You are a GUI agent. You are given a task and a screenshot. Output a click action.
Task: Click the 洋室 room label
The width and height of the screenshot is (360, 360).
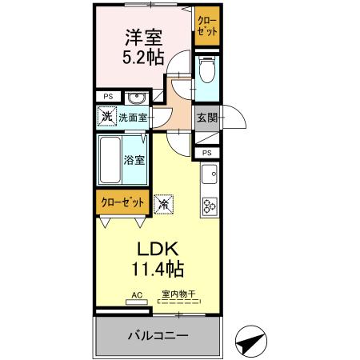point(143,38)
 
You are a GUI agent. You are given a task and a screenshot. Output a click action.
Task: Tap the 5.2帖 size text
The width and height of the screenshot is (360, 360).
point(143,58)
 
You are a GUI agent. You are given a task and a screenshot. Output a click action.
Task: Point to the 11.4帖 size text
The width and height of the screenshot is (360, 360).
point(148,269)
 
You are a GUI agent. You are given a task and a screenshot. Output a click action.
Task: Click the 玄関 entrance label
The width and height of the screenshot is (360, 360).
point(206,118)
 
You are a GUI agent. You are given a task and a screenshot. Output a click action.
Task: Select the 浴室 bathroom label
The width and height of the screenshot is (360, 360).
point(134,159)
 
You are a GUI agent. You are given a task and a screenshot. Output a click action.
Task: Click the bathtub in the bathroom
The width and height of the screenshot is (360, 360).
point(110,160)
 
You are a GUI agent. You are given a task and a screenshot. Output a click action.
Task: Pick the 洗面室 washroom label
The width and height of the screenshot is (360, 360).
point(132,118)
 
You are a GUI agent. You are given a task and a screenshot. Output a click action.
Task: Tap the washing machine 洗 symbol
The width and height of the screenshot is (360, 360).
point(107,117)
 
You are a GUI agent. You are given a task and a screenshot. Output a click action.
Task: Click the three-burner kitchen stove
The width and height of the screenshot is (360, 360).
point(210,206)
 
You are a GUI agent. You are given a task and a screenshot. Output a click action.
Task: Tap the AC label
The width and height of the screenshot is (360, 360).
point(137,295)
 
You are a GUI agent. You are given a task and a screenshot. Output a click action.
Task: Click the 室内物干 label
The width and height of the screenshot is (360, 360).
point(178,295)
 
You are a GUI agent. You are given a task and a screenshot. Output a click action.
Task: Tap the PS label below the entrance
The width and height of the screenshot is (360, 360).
point(206,153)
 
